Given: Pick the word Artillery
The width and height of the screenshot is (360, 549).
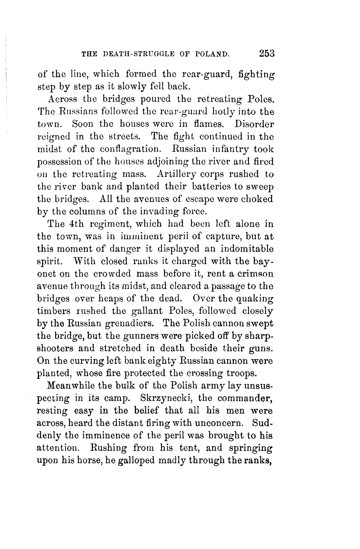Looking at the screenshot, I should [x=177, y=175].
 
